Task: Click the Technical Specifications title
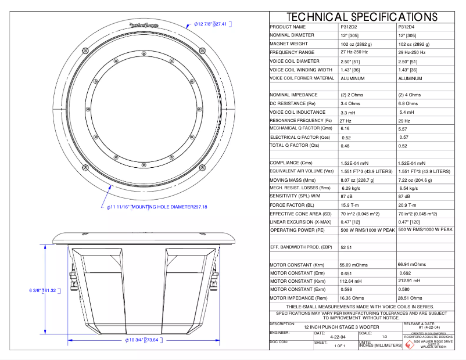361,17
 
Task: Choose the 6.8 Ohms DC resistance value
410,103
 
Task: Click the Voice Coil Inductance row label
297,112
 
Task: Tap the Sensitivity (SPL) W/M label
296,196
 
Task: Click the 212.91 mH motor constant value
410,281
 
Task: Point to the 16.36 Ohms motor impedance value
355,298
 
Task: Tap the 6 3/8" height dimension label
42,290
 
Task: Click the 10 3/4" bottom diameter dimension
142,340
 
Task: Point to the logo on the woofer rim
143,25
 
